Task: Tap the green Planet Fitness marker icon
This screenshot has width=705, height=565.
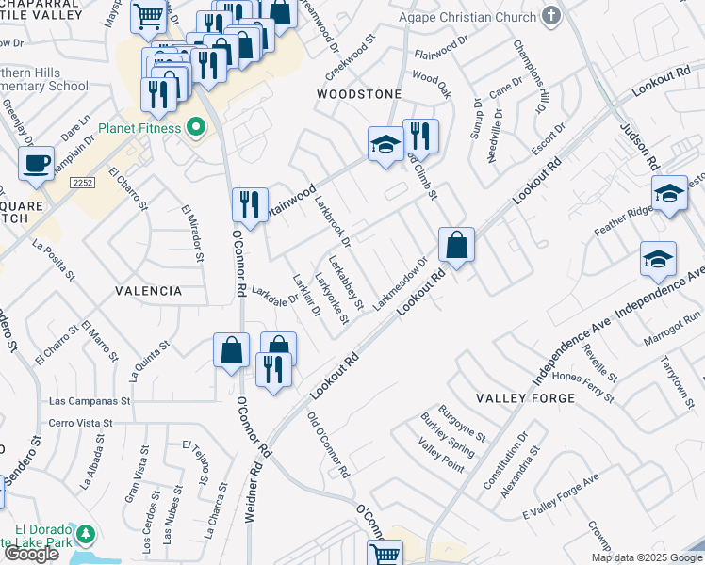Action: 196,127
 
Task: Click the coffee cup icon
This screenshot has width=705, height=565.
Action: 36,163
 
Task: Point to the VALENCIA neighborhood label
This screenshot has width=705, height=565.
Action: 148,291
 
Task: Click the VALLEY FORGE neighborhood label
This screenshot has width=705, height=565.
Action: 525,398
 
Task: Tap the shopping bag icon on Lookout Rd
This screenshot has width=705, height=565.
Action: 456,246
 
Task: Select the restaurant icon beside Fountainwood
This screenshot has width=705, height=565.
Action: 250,204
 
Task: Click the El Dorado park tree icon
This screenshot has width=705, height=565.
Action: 86,535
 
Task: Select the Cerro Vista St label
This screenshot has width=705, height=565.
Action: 80,424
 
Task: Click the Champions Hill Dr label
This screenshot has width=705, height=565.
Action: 530,75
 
